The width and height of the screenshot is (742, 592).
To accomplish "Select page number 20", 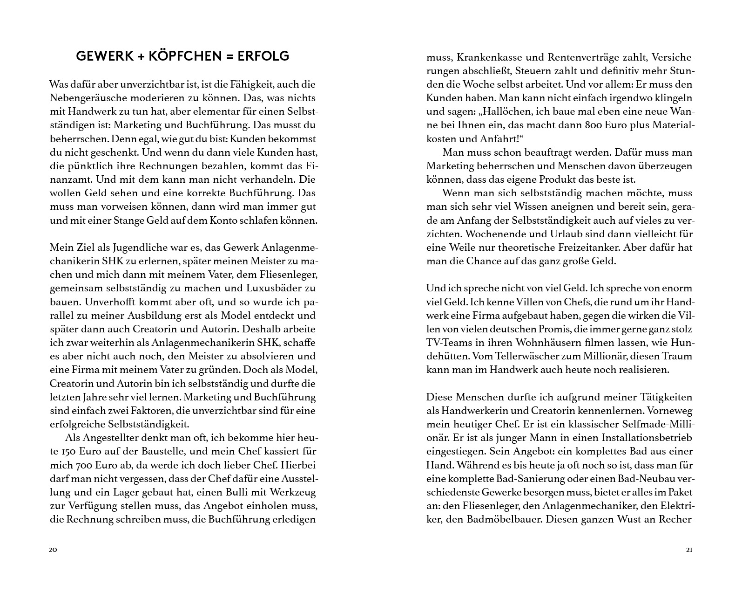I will pos(53,550).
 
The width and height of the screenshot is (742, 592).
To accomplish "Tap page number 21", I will pos(689,550).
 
